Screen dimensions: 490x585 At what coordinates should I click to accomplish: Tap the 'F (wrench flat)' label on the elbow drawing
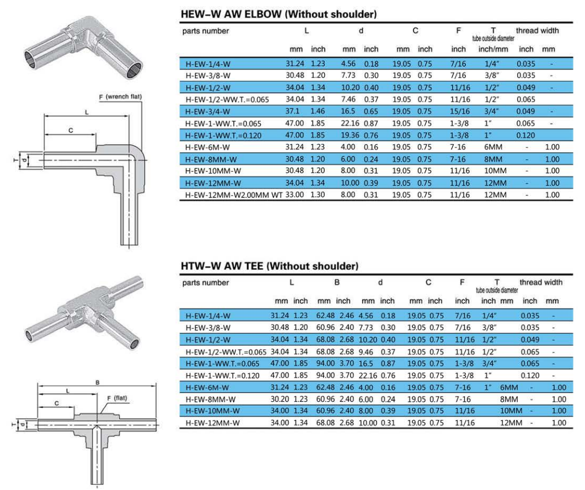click(x=120, y=97)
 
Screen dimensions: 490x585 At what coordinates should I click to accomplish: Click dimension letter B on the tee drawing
click(x=98, y=383)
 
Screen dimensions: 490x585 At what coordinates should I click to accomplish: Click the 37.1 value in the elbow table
click(x=294, y=111)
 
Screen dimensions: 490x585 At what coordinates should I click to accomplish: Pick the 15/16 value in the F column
click(x=459, y=111)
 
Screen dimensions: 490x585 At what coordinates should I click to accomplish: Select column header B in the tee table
click(x=337, y=282)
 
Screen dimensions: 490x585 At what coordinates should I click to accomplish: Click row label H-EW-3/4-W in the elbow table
click(x=207, y=111)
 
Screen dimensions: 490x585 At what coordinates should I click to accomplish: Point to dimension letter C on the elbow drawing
click(x=71, y=131)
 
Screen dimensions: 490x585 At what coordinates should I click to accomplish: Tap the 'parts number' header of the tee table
click(x=205, y=282)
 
